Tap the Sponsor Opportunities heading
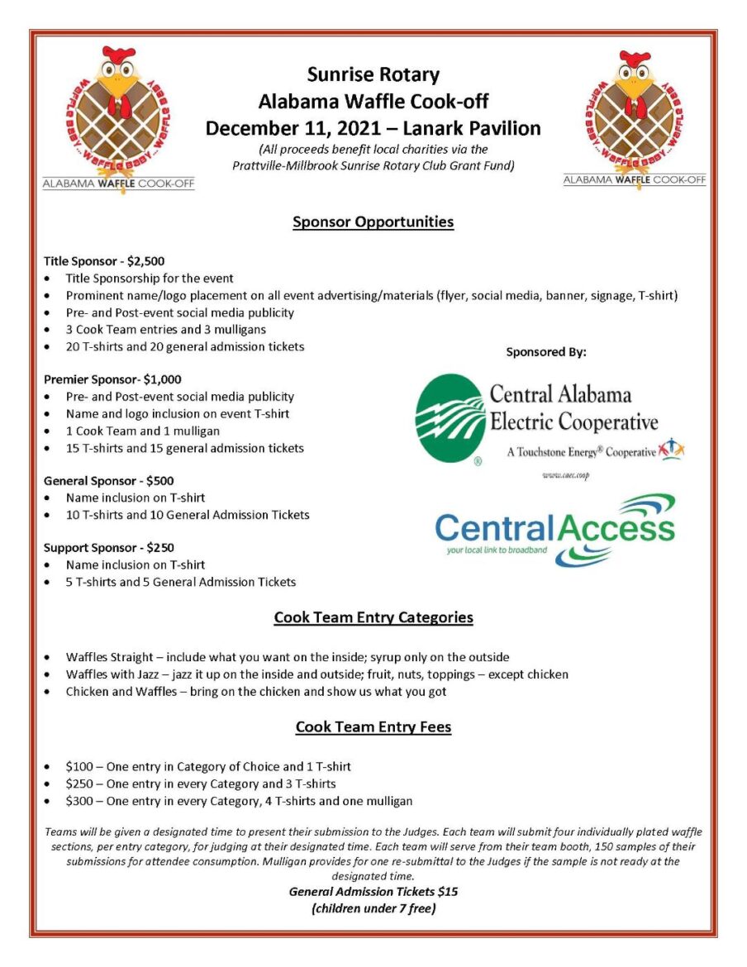[373, 222]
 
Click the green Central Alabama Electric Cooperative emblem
[450, 420]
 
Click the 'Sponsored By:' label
[546, 352]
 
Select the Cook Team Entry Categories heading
[373, 617]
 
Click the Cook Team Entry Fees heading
[373, 727]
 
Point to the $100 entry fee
[80, 766]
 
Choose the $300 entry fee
[80, 800]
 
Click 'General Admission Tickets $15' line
[373, 892]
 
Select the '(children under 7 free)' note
[373, 908]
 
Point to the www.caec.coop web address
[565, 476]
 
